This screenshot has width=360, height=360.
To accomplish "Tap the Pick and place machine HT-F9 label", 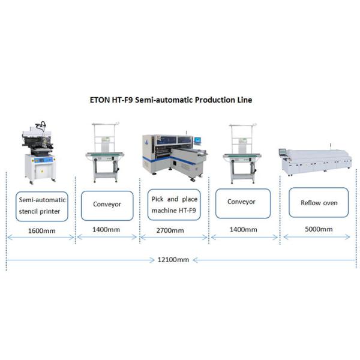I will [173, 204].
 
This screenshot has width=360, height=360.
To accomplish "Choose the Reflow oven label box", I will [319, 203].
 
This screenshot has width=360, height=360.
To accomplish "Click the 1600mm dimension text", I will [40, 230].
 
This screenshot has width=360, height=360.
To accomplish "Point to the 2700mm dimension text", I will [173, 230].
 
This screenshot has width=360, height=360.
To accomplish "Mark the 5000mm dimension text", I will [319, 229].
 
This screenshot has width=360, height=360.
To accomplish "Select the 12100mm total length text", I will [173, 260].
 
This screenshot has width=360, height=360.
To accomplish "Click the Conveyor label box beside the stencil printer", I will [107, 204].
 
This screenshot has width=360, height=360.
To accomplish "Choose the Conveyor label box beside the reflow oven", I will [241, 202].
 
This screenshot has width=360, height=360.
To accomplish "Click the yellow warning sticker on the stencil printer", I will [41, 172].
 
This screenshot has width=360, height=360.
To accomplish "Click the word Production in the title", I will [213, 100].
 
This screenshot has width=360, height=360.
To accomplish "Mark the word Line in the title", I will [244, 100].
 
